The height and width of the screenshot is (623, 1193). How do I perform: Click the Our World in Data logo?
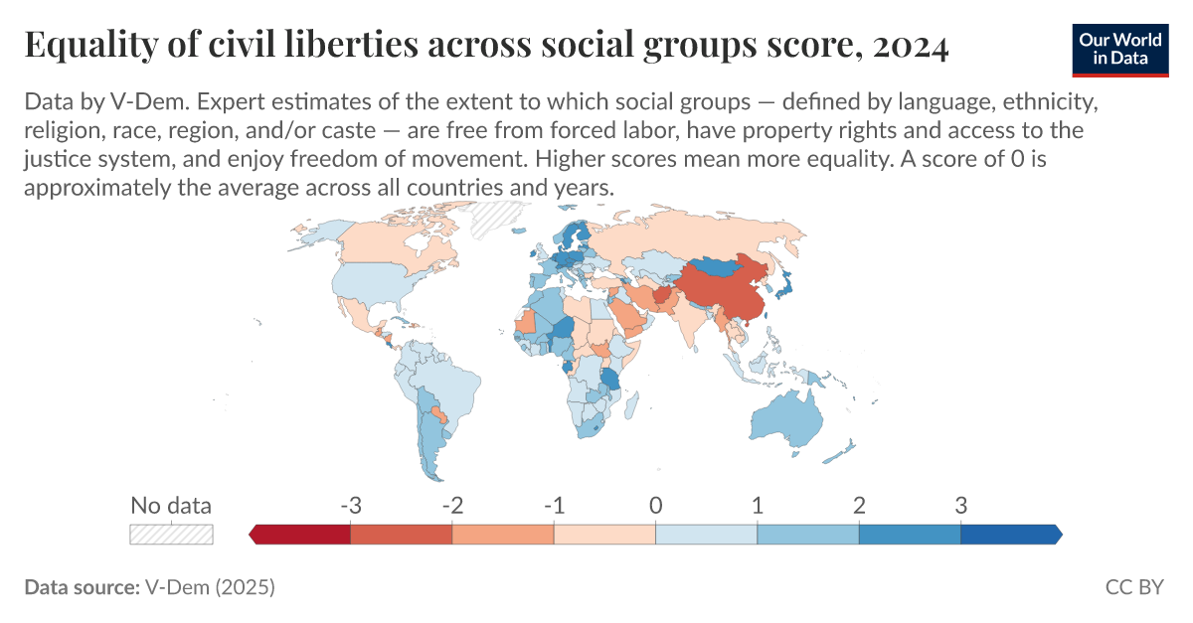click(1119, 47)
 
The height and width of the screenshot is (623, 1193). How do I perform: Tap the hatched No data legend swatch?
click(171, 534)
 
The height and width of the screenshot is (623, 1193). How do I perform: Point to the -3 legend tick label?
click(349, 505)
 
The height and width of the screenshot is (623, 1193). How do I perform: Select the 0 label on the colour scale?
click(655, 505)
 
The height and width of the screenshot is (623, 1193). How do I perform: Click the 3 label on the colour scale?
click(960, 505)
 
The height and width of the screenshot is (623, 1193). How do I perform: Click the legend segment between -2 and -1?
click(503, 535)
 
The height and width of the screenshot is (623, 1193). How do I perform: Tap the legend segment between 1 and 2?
click(807, 535)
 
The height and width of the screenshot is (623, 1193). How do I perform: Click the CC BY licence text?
click(1133, 587)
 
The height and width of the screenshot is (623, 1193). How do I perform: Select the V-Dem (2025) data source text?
click(210, 587)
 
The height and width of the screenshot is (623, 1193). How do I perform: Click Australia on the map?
click(785, 417)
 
